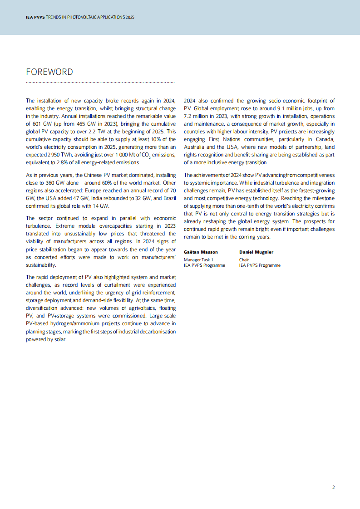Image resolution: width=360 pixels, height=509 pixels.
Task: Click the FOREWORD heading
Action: [x=49, y=72]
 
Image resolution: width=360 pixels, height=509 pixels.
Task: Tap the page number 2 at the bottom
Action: [x=333, y=487]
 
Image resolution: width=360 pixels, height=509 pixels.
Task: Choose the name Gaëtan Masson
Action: [x=200, y=252]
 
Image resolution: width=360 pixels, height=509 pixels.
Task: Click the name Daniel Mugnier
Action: [x=256, y=252]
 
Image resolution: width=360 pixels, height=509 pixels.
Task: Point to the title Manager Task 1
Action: [x=198, y=259]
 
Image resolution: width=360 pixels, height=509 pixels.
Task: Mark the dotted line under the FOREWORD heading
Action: [x=100, y=82]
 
